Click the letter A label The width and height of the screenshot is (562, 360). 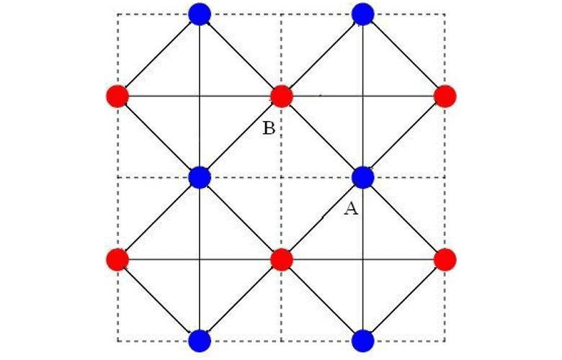[351, 209]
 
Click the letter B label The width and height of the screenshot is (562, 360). [268, 129]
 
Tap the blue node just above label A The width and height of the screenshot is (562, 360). [363, 177]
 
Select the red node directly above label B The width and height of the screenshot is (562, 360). [281, 96]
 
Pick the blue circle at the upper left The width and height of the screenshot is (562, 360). [199, 14]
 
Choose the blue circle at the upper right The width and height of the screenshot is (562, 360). [363, 14]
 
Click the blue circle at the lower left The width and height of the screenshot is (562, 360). [199, 340]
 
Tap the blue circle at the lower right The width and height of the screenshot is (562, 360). [363, 340]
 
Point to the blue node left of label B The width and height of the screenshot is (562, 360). [199, 177]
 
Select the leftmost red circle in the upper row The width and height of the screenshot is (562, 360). [117, 96]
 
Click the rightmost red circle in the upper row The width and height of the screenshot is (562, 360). [445, 96]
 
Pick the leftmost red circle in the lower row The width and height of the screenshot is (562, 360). [117, 258]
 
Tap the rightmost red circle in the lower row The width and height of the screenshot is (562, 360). [445, 258]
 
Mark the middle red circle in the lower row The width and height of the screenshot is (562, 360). [281, 258]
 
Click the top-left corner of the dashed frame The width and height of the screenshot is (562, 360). [117, 14]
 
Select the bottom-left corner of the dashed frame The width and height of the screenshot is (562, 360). [117, 341]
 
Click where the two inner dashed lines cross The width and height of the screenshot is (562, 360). [281, 177]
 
